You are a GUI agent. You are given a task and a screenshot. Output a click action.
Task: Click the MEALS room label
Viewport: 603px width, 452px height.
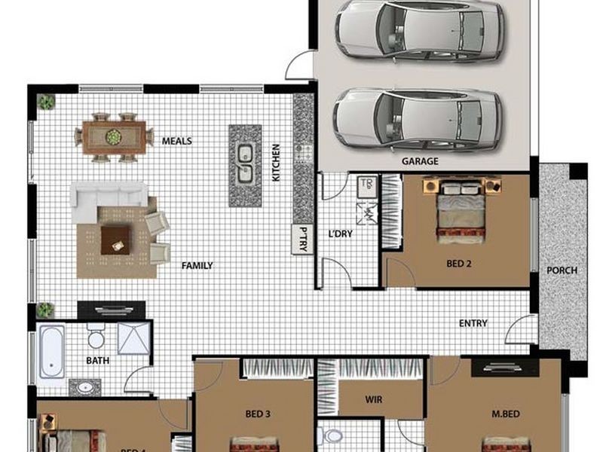tap(177, 141)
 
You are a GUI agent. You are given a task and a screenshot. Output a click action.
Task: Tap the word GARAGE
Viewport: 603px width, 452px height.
tap(420, 161)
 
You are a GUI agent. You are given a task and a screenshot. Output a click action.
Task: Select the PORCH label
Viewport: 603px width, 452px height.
tap(562, 270)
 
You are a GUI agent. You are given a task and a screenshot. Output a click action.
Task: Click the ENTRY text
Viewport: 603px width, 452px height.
tap(473, 324)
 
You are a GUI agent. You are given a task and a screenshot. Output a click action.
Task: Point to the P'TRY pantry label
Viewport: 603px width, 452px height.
tap(303, 239)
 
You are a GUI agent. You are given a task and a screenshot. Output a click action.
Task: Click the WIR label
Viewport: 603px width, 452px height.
tap(373, 399)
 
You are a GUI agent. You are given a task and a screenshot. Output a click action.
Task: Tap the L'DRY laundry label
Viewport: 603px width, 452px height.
tap(340, 234)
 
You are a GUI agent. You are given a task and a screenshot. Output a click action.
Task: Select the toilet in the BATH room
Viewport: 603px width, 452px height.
tap(96, 334)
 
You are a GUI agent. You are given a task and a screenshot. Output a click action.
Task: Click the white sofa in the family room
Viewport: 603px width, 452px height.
tap(108, 195)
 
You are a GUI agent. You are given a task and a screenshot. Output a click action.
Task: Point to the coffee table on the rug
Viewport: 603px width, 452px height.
tap(116, 240)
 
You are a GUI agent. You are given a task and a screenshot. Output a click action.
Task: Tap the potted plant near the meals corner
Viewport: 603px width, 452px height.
tap(46, 101)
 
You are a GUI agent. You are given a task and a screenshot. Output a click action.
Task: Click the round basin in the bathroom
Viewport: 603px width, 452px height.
tap(84, 388)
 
